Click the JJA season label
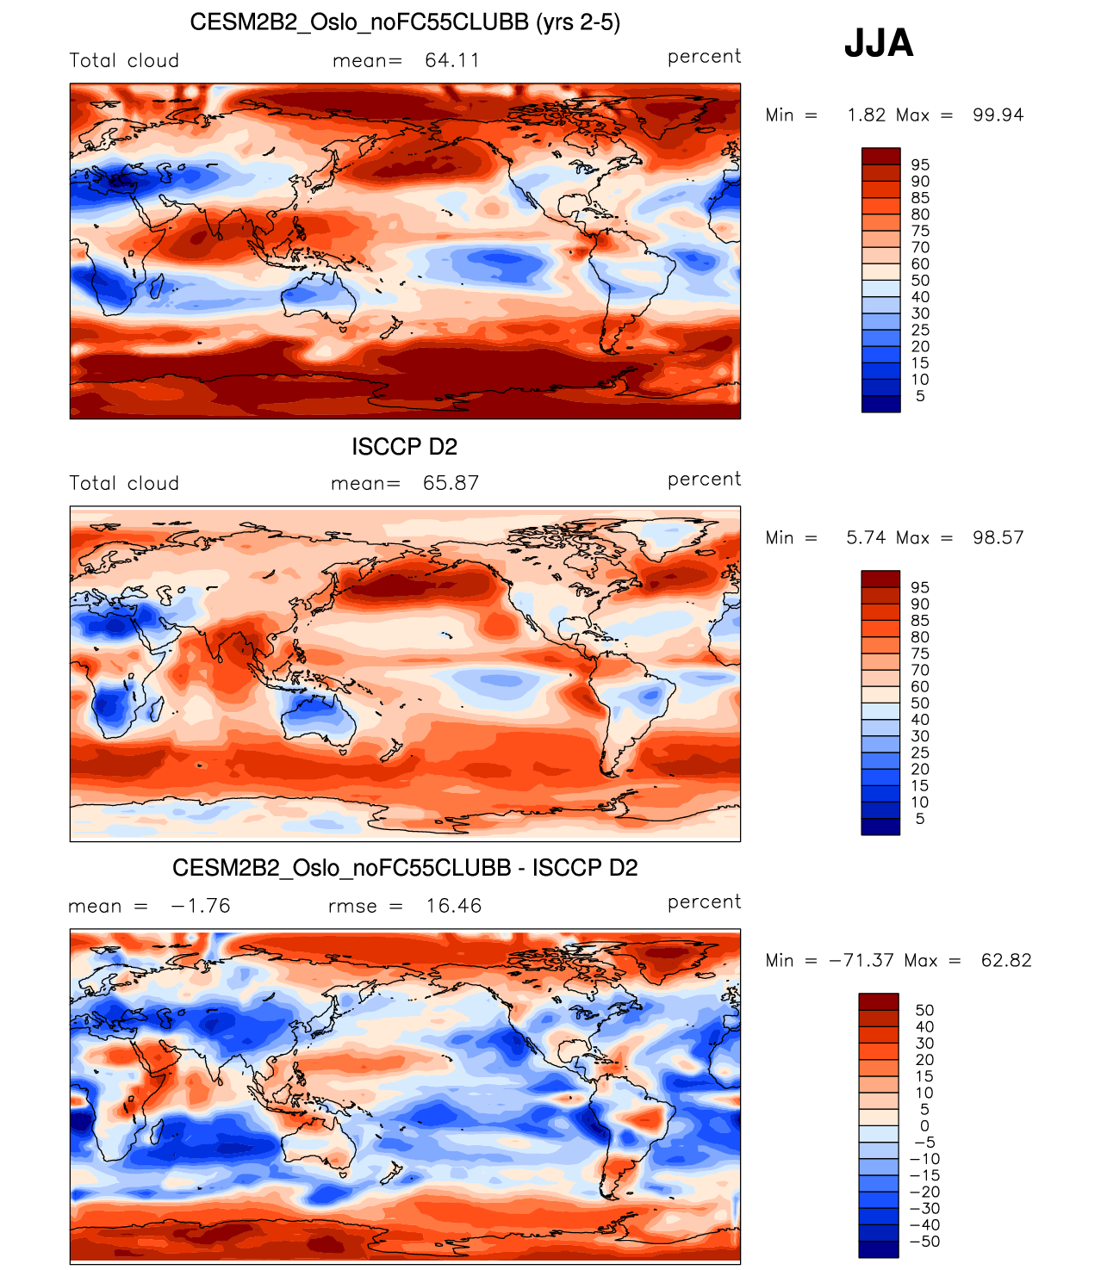pos(878,43)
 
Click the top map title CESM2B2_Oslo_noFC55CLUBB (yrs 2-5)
pos(405,22)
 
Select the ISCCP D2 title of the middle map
pos(404,447)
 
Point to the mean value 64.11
pos(452,60)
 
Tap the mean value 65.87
pos(451,483)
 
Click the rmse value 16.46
pos(454,906)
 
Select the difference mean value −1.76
pos(201,906)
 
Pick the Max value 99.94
pos(998,115)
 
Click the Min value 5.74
pos(866,538)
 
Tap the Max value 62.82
pos(1006,961)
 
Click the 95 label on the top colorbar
pos(920,165)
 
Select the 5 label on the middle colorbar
pos(920,819)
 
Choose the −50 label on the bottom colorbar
pos(924,1242)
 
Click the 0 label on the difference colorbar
pos(924,1126)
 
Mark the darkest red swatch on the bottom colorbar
pos(879,1001)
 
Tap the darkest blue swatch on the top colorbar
pos(880,405)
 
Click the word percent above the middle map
pos(704,480)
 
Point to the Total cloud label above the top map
pos(124,61)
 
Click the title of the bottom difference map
pos(405,868)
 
